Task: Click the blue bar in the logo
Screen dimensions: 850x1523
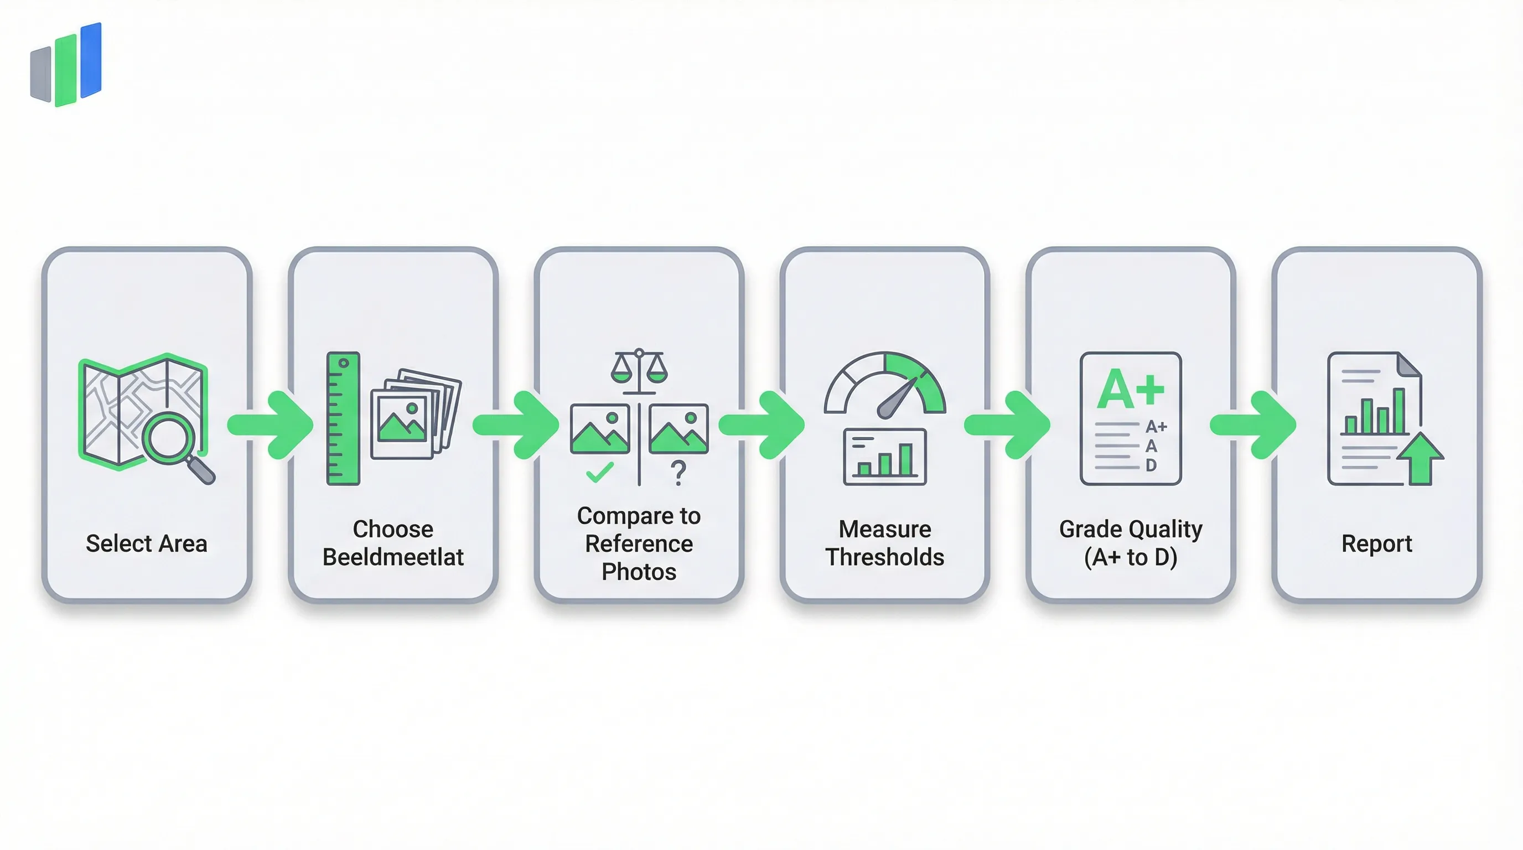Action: [x=91, y=60]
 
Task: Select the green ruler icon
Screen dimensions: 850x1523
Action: [x=343, y=418]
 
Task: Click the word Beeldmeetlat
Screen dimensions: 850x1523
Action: [x=392, y=557]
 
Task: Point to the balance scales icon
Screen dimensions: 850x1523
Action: [x=639, y=370]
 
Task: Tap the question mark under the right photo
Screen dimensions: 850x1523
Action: [x=678, y=473]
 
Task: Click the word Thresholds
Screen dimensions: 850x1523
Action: [x=884, y=557]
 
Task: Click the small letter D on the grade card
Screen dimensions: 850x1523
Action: [x=1151, y=465]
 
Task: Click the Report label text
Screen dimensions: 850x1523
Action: [x=1376, y=543]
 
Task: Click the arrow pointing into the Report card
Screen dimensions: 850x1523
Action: [x=1253, y=424]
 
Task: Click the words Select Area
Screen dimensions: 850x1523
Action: [x=147, y=543]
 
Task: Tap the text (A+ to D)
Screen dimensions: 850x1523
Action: [x=1131, y=557]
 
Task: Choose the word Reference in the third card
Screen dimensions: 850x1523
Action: [x=639, y=543]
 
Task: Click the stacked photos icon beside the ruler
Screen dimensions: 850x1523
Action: [x=415, y=414]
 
